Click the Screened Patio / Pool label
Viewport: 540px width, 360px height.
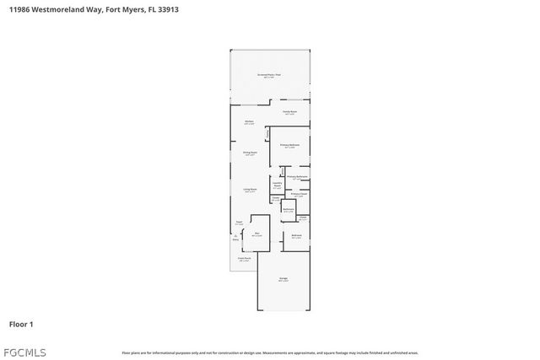click(270, 76)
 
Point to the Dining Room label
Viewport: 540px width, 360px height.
click(250, 153)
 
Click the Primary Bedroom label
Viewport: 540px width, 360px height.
click(289, 146)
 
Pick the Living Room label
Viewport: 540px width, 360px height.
click(250, 191)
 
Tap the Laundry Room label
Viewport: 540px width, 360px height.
click(277, 184)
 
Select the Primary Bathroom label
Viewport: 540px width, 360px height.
click(296, 177)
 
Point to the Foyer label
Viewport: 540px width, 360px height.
click(239, 223)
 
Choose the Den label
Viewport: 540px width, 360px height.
click(256, 234)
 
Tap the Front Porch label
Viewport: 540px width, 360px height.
click(244, 260)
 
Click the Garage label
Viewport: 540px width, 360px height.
click(283, 280)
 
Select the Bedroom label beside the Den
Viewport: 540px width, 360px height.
click(296, 236)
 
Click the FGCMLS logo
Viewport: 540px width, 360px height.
click(25, 352)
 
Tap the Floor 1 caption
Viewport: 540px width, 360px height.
click(21, 324)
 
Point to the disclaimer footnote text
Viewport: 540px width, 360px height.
click(269, 352)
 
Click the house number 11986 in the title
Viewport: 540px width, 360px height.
click(22, 10)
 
